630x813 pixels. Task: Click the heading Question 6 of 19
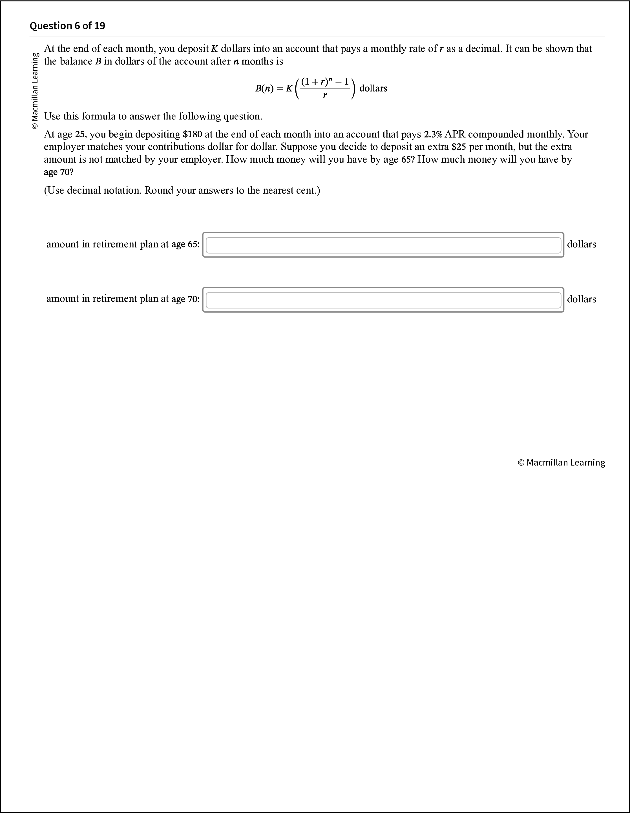pyautogui.click(x=67, y=26)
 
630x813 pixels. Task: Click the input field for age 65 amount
pyautogui.click(x=383, y=245)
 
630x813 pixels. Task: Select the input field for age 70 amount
pyautogui.click(x=383, y=300)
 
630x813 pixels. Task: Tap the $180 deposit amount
pyautogui.click(x=192, y=134)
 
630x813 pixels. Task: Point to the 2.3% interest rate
pyautogui.click(x=433, y=134)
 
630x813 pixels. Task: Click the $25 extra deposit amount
pyautogui.click(x=459, y=147)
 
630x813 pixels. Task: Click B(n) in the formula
pyautogui.click(x=264, y=88)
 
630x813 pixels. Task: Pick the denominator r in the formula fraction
pyautogui.click(x=325, y=96)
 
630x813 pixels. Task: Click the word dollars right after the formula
pyautogui.click(x=373, y=88)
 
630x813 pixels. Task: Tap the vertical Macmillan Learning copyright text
pyautogui.click(x=35, y=91)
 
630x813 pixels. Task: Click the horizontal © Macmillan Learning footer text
pyautogui.click(x=561, y=462)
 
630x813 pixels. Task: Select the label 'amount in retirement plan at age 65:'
pyautogui.click(x=123, y=244)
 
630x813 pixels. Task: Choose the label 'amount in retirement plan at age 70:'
pyautogui.click(x=123, y=299)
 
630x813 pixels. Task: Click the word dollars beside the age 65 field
pyautogui.click(x=581, y=244)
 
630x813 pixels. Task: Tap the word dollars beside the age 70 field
pyautogui.click(x=581, y=299)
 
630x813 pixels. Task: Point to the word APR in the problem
pyautogui.click(x=455, y=134)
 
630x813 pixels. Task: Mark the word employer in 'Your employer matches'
pyautogui.click(x=64, y=147)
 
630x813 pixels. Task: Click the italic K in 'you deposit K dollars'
pyautogui.click(x=215, y=49)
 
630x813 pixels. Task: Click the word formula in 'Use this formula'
pyautogui.click(x=98, y=116)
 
